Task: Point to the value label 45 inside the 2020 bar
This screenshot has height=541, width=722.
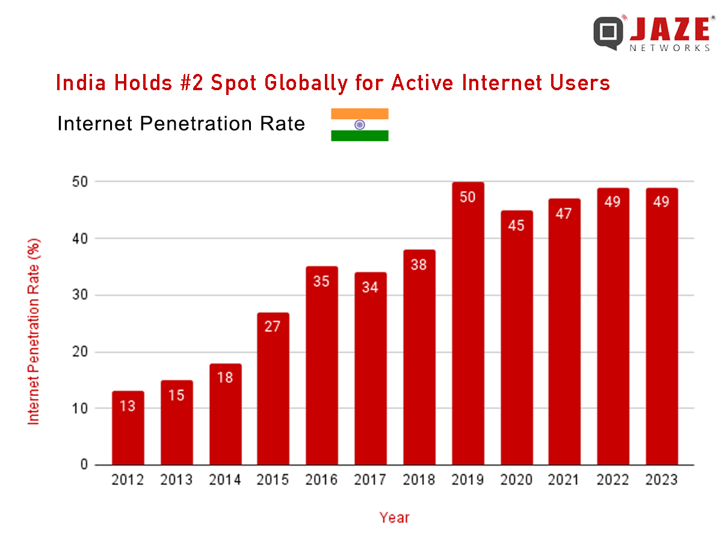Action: pos(516,225)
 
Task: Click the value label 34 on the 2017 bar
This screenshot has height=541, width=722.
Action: pos(370,287)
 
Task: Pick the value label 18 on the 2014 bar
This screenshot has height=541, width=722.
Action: pos(224,377)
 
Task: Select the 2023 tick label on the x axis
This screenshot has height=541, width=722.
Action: pos(661,480)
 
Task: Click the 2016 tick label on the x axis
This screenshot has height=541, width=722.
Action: pos(321,480)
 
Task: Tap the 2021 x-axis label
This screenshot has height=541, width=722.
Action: pos(564,480)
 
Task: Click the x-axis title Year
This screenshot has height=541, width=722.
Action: pos(394,517)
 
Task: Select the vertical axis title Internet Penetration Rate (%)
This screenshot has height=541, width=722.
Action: pos(34,331)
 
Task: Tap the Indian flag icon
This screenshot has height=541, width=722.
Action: pos(359,124)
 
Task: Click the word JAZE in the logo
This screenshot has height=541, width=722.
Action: pos(670,29)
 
